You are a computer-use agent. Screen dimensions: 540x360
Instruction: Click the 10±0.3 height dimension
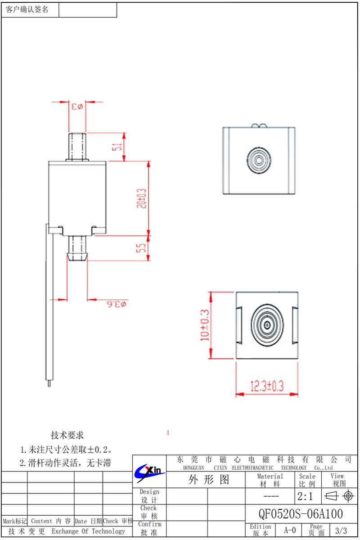coord(205,325)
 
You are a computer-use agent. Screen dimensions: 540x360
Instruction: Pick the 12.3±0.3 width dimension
coord(267,386)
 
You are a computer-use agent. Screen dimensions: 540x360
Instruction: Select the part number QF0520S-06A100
coord(301,514)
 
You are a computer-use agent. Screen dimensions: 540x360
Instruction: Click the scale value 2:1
coord(305,497)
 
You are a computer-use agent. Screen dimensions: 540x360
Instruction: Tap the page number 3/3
coord(341,531)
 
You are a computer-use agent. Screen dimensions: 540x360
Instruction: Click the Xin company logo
coord(149,472)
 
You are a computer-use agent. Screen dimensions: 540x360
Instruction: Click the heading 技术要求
coord(67,435)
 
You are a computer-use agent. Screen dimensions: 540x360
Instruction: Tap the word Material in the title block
coord(270,476)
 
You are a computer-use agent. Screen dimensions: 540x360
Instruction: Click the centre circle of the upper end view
coord(258,160)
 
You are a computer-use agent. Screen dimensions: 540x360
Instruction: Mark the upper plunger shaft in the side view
coord(77,146)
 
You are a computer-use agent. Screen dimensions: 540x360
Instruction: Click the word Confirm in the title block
coord(149,524)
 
